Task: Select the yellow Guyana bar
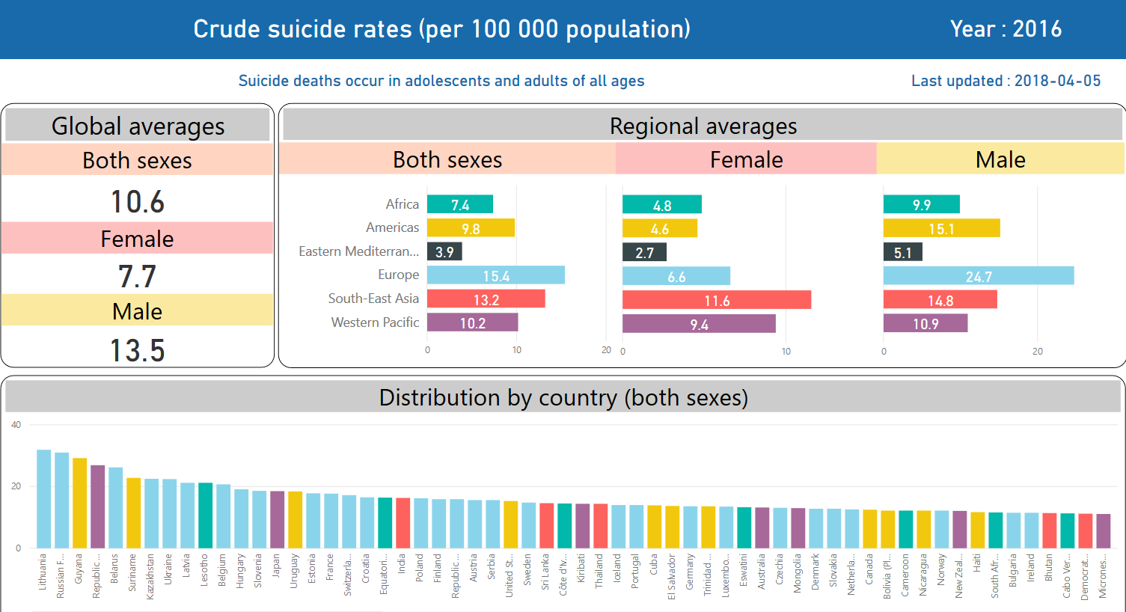[x=79, y=503]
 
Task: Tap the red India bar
[x=403, y=522]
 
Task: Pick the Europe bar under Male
[x=978, y=275]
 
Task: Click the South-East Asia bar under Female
[x=716, y=300]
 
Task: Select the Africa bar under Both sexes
[x=459, y=204]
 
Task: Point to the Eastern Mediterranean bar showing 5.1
[x=902, y=252]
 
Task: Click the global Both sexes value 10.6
[x=138, y=202]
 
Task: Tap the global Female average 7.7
[x=138, y=277]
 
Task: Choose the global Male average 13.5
[x=138, y=350]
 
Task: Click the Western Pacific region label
[x=375, y=322]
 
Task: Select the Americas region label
[x=392, y=227]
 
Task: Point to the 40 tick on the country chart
[x=16, y=425]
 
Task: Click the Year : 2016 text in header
[x=1006, y=29]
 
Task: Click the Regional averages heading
[x=703, y=126]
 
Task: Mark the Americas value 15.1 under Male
[x=941, y=229]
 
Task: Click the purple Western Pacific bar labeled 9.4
[x=699, y=324]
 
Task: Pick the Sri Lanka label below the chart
[x=546, y=572]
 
